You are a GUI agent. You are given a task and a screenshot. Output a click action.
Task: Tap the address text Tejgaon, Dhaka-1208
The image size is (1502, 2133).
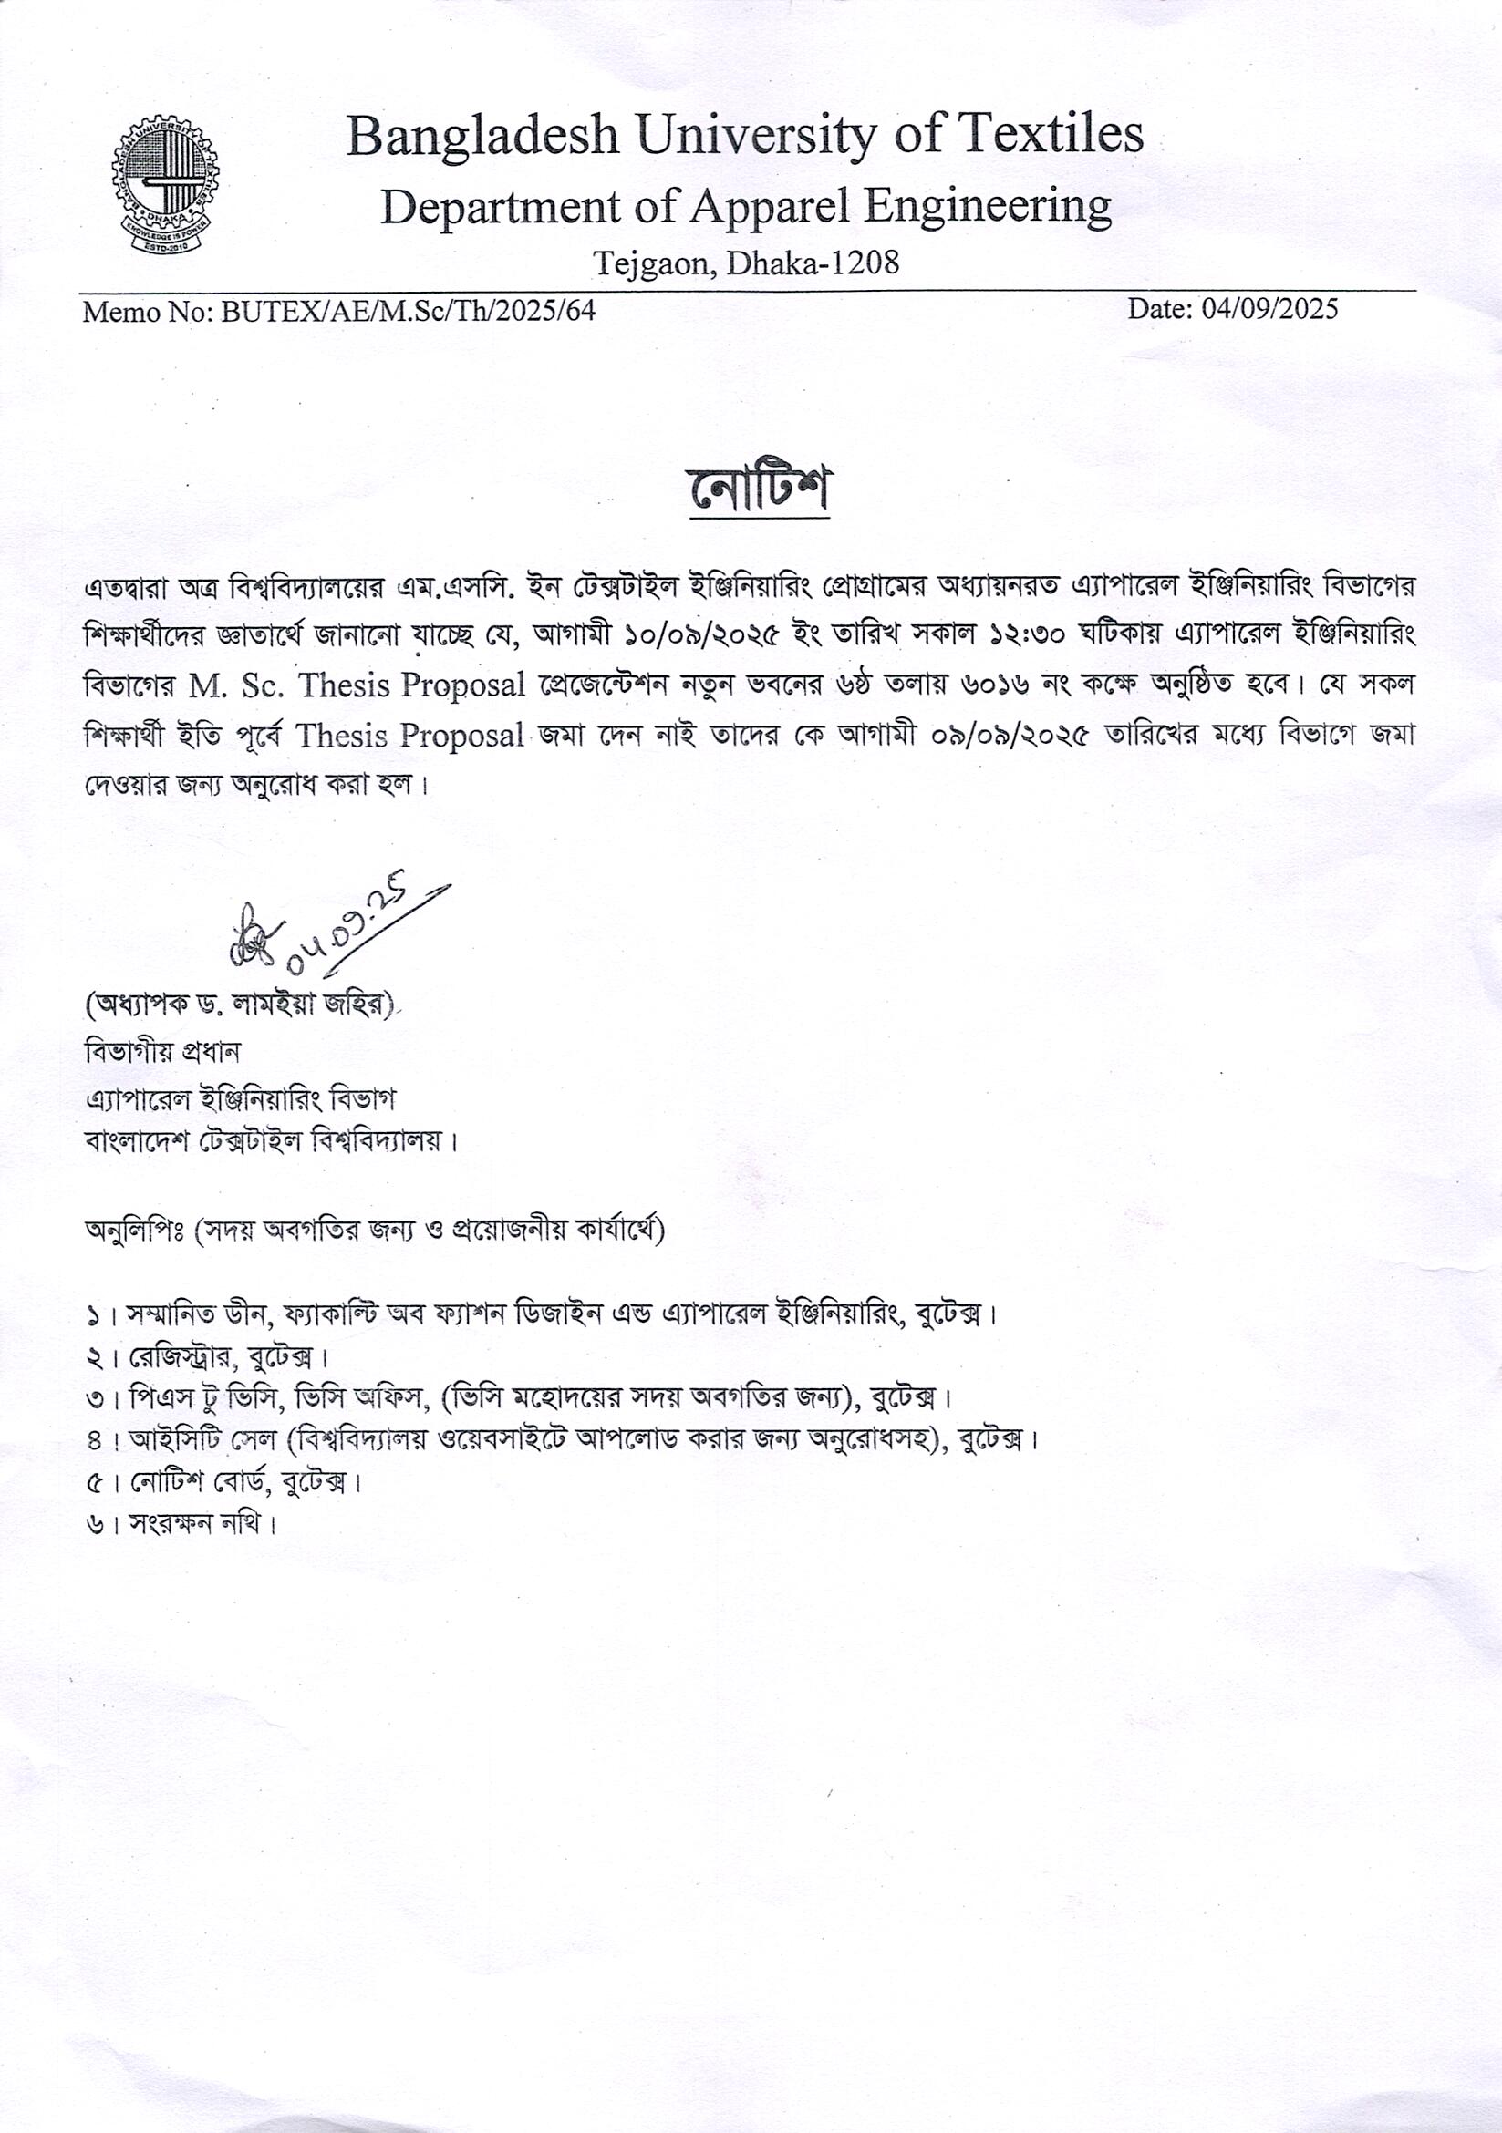(746, 263)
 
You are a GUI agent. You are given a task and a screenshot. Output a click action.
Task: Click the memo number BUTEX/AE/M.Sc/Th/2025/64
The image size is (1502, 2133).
(408, 310)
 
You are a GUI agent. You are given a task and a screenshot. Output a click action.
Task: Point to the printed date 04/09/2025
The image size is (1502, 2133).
(1269, 309)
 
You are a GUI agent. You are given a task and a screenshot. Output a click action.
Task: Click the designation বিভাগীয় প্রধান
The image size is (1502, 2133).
(162, 1053)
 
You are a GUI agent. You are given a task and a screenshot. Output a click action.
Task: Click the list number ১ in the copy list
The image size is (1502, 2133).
(93, 1316)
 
